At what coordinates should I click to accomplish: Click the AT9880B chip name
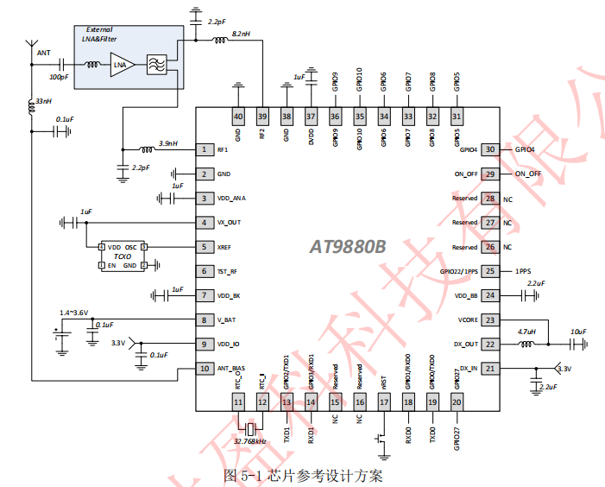pos(348,247)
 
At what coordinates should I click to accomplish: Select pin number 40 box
pos(238,117)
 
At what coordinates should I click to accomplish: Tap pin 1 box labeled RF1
pos(204,149)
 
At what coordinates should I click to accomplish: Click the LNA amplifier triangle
pos(121,65)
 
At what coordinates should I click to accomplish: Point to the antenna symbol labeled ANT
pos(32,44)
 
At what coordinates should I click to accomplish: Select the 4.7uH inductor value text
pos(527,332)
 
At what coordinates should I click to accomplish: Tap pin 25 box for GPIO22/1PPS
pos(490,271)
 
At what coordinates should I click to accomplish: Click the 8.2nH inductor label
pos(242,33)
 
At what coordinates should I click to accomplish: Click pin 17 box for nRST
pos(384,402)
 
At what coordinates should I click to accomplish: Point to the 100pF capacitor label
pos(60,77)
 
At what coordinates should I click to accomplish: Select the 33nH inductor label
pos(43,100)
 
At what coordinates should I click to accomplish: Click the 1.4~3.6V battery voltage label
pos(73,312)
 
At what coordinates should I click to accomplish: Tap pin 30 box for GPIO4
pos(490,149)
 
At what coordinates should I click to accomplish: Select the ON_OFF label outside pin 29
pos(528,174)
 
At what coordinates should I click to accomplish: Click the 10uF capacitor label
pos(577,332)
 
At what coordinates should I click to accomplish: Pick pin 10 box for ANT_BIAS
pos(204,369)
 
